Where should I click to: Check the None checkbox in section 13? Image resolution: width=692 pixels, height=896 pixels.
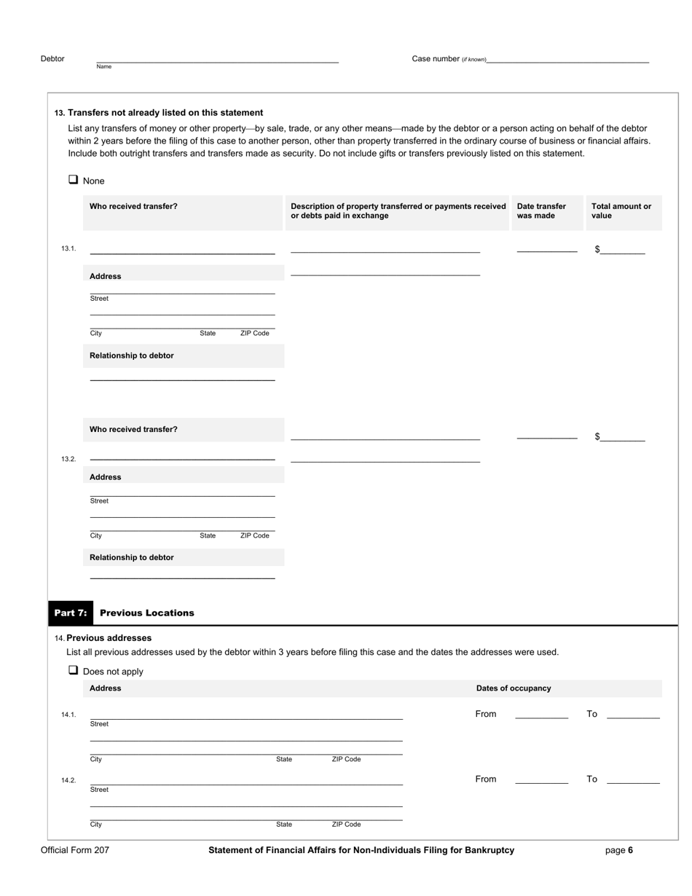pos(73,180)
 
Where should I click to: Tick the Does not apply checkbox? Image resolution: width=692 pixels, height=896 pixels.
pos(73,670)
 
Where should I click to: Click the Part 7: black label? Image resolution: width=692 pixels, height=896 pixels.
pos(71,613)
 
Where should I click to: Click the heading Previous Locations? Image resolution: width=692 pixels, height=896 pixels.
pos(146,613)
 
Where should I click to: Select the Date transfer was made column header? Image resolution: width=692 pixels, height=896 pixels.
pos(541,211)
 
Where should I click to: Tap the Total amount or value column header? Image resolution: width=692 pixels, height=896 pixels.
pos(621,211)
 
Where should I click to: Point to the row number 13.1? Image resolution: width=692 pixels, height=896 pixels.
pos(68,249)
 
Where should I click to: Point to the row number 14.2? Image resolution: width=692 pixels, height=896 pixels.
pos(68,780)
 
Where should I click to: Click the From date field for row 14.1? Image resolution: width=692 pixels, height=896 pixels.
pos(541,714)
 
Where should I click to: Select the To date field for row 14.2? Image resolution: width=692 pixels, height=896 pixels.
pos(633,779)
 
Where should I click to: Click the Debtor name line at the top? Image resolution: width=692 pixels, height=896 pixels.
pos(217,58)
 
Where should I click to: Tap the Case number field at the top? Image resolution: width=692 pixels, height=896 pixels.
pos(567,58)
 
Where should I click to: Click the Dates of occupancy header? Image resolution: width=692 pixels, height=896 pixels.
pos(514,688)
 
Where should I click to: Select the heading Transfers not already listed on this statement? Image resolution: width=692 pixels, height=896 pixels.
pos(165,113)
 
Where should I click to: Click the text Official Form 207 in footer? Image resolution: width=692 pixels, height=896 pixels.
pos(75,850)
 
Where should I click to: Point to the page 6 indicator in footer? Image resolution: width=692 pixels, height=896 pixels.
pos(618,850)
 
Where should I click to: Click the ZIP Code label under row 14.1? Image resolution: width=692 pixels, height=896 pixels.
pos(346,759)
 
